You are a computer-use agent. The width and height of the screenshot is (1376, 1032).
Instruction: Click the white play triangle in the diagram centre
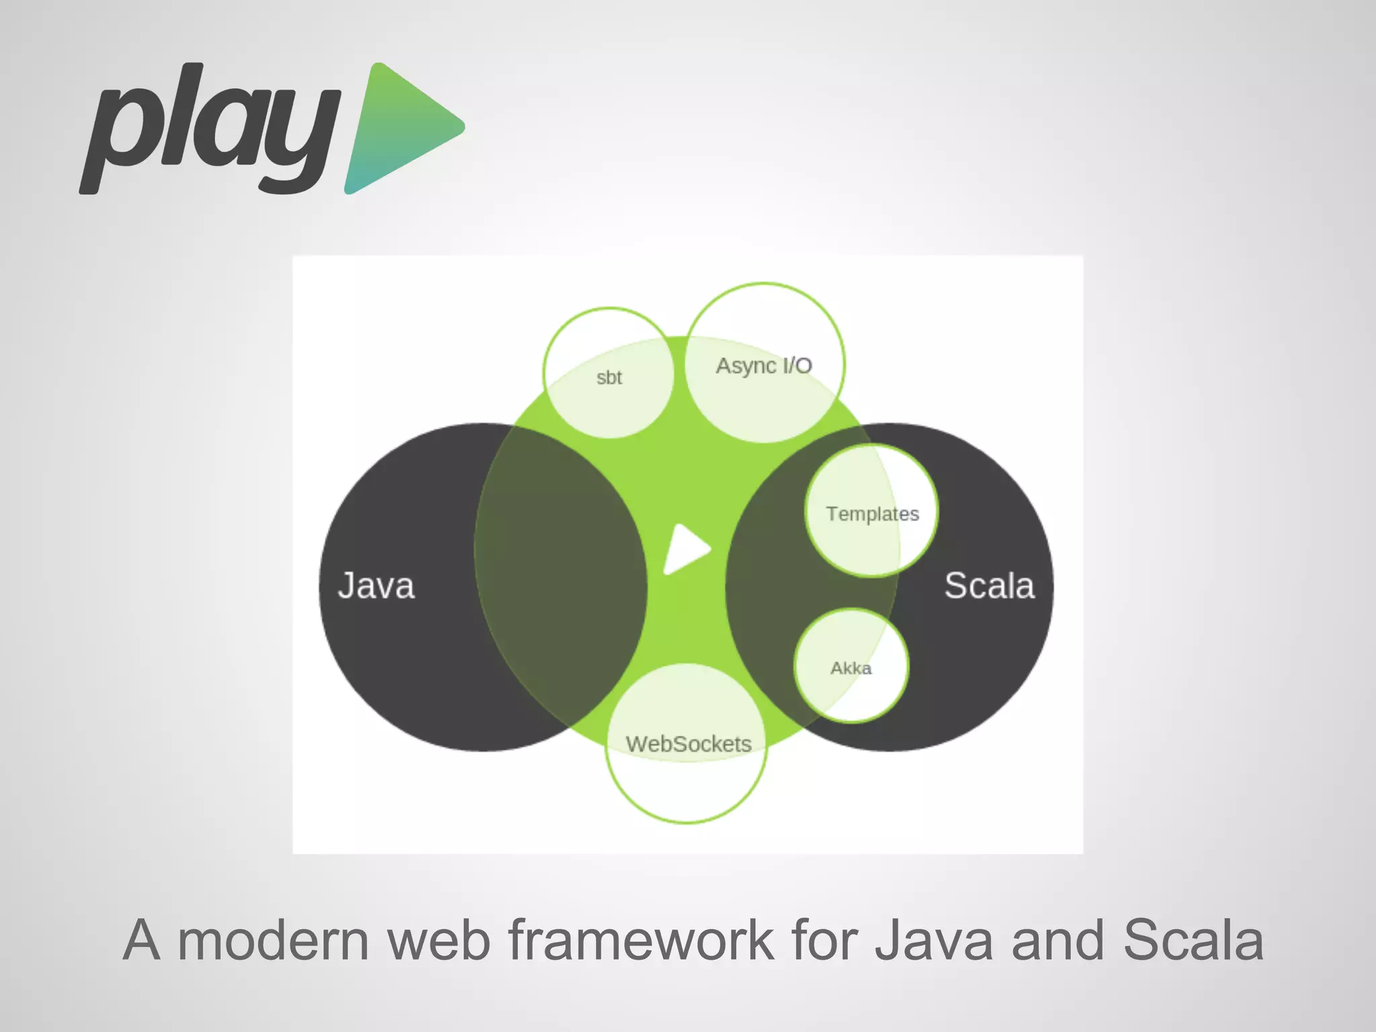[685, 549]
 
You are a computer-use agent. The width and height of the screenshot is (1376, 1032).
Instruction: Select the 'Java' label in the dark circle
[376, 585]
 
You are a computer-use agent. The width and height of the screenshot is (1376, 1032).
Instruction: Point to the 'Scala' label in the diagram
[989, 585]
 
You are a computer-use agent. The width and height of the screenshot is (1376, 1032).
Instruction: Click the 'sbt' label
[609, 378]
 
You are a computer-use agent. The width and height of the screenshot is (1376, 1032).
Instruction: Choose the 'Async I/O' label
[764, 365]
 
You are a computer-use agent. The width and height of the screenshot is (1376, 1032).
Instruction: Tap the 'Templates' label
[872, 514]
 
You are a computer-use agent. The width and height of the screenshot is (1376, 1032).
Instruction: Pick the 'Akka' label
[851, 668]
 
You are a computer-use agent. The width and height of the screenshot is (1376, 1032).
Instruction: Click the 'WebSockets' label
[689, 744]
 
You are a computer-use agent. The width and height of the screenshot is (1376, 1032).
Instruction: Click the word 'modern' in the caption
[273, 940]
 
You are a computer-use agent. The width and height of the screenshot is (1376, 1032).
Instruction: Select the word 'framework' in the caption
[641, 940]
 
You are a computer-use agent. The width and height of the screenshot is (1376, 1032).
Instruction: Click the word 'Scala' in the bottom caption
[1193, 940]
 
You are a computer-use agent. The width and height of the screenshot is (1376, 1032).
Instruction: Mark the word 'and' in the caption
[1058, 940]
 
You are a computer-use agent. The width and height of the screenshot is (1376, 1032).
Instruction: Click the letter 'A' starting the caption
[142, 940]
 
